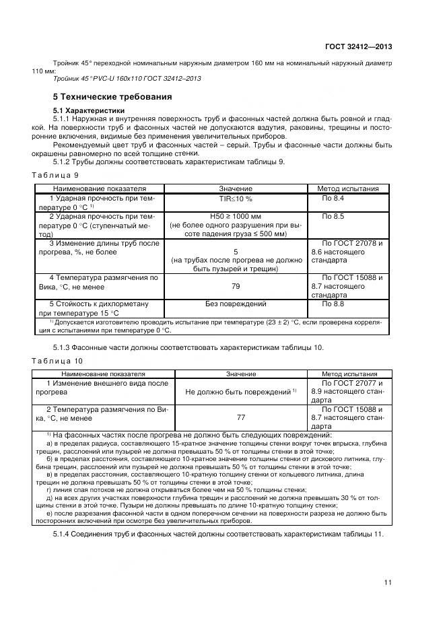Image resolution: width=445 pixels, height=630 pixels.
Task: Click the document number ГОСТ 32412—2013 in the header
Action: point(356,46)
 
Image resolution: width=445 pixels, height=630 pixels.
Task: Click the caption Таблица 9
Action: point(56,175)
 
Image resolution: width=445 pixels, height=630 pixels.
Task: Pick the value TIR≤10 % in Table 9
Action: point(235,199)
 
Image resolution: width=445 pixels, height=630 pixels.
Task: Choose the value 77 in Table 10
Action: point(240,417)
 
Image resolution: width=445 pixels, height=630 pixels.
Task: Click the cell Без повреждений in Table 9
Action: point(235,304)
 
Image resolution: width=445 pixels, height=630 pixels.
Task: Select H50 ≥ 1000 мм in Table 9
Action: point(235,217)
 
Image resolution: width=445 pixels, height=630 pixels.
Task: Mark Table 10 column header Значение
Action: point(240,374)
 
